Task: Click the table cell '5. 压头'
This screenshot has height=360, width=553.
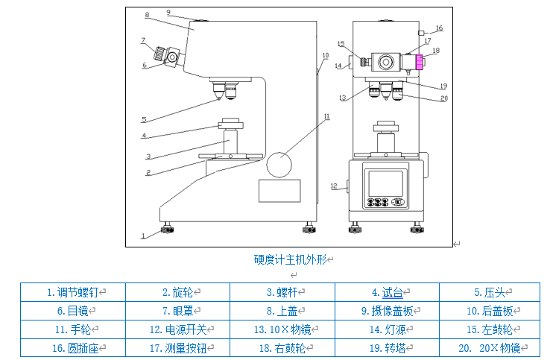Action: [489, 293]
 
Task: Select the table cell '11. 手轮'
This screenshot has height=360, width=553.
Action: [72, 329]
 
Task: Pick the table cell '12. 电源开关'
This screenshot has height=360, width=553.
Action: [177, 329]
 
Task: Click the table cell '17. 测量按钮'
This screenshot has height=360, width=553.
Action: [177, 347]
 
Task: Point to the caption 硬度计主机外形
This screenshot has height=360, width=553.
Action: [291, 260]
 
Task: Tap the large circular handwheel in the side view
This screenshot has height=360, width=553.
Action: [279, 165]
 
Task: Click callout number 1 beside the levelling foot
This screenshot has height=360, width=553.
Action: [142, 236]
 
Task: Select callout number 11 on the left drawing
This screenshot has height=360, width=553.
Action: [326, 116]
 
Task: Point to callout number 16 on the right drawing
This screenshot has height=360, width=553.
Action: [439, 28]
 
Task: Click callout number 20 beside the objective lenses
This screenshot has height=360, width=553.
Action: [443, 98]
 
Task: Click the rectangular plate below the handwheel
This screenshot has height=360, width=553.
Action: [279, 191]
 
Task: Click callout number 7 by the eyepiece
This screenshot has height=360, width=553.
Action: [143, 40]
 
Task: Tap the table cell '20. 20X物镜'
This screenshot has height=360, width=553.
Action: [489, 347]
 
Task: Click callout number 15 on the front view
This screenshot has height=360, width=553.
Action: [341, 44]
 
